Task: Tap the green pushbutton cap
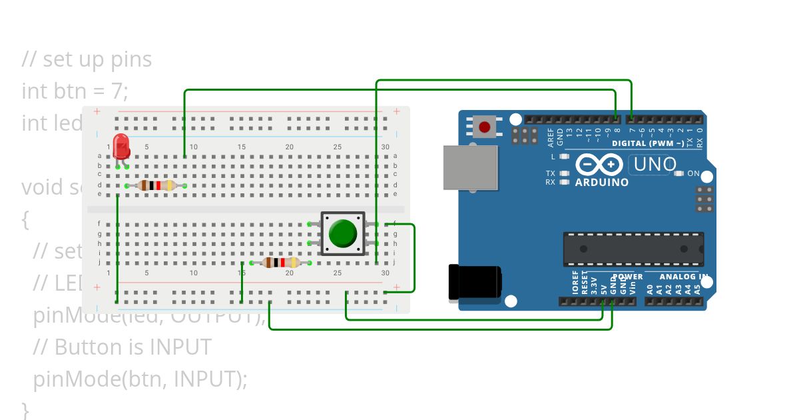coord(343,233)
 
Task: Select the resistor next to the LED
coord(156,185)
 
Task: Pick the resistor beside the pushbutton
coord(279,263)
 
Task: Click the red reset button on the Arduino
coord(485,127)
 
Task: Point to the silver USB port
coord(471,169)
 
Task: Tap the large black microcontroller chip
coord(633,249)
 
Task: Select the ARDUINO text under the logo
coord(602,182)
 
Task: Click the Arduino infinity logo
coord(599,165)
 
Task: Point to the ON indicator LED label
coord(693,173)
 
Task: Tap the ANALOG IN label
coord(683,277)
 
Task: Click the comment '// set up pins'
coord(87,59)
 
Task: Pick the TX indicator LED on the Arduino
coord(565,173)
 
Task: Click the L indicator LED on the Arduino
coord(565,157)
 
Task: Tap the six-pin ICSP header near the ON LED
coord(705,199)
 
